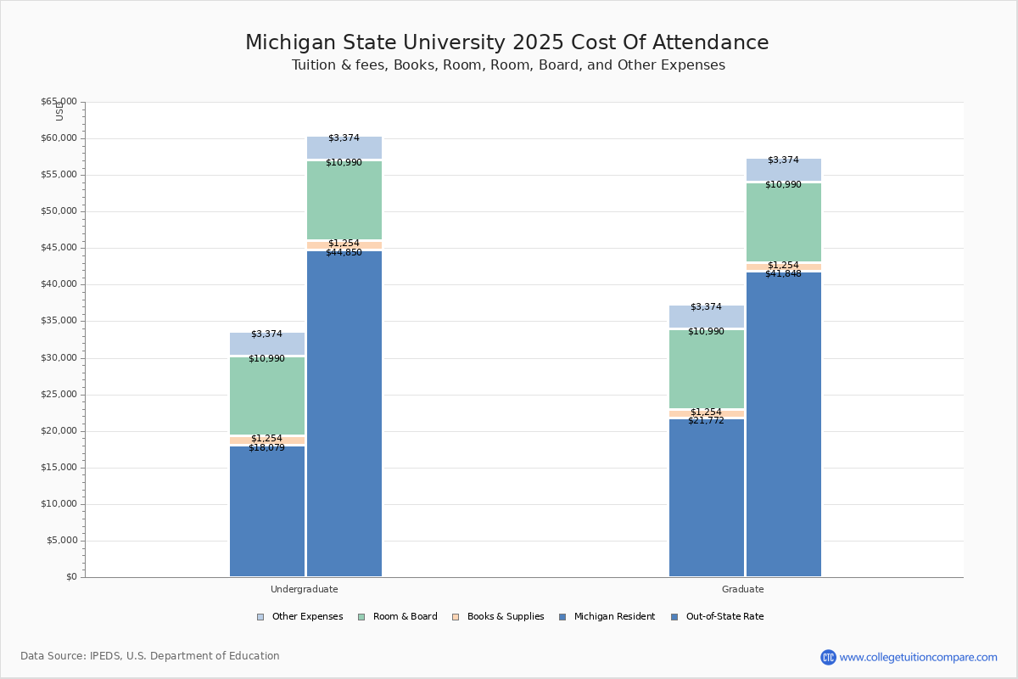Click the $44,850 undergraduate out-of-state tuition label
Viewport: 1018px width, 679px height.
344,253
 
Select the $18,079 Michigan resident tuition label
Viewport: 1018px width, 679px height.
266,448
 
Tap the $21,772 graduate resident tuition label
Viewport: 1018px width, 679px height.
706,421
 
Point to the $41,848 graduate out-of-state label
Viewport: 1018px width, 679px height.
783,274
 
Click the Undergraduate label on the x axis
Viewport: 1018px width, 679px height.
304,589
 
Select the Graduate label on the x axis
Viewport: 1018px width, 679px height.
742,589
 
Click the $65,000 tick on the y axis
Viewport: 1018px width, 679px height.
59,102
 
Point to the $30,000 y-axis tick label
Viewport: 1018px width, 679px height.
59,358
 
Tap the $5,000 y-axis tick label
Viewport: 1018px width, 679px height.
61,541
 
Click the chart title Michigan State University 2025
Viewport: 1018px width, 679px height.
506,43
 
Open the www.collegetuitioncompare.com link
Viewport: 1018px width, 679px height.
918,657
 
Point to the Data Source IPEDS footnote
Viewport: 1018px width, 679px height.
150,656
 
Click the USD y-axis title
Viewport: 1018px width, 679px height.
59,111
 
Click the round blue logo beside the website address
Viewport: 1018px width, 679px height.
828,657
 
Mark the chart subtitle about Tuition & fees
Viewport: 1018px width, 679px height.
508,65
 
